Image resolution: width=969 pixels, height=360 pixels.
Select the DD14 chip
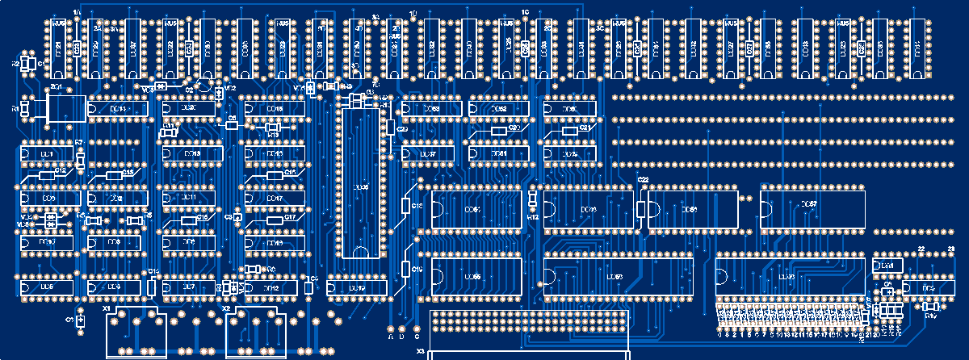point(118,108)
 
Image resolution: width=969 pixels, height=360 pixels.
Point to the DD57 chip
point(812,208)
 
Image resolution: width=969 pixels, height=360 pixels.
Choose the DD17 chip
point(275,198)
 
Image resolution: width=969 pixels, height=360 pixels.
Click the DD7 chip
point(189,287)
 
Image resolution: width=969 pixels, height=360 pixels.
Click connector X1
point(136,333)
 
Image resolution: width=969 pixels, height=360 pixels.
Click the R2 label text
point(15,62)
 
